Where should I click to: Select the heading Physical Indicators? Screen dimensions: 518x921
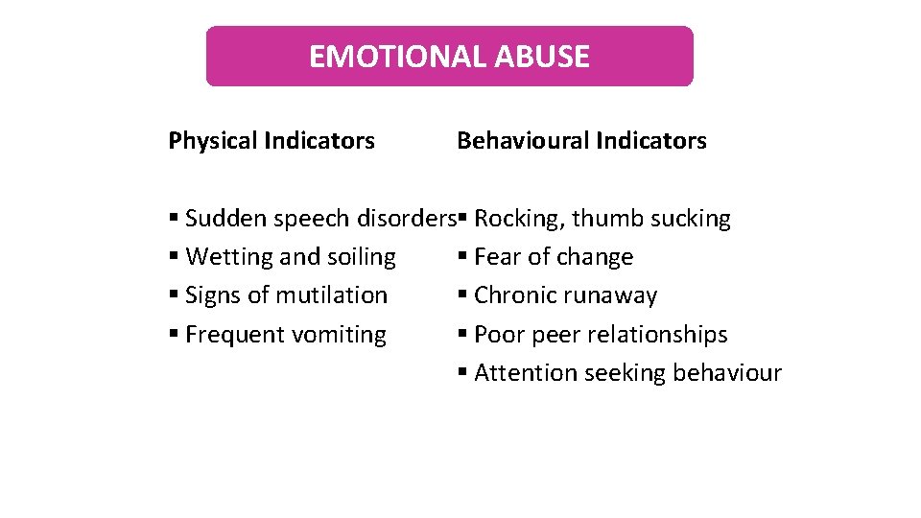click(272, 141)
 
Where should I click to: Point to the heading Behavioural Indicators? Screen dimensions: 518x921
click(581, 141)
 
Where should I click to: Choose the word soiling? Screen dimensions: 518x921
click(362, 257)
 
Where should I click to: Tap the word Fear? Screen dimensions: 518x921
click(496, 257)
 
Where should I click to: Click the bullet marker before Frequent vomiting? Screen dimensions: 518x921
click(173, 335)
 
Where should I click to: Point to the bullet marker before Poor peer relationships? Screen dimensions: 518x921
click(461, 335)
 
